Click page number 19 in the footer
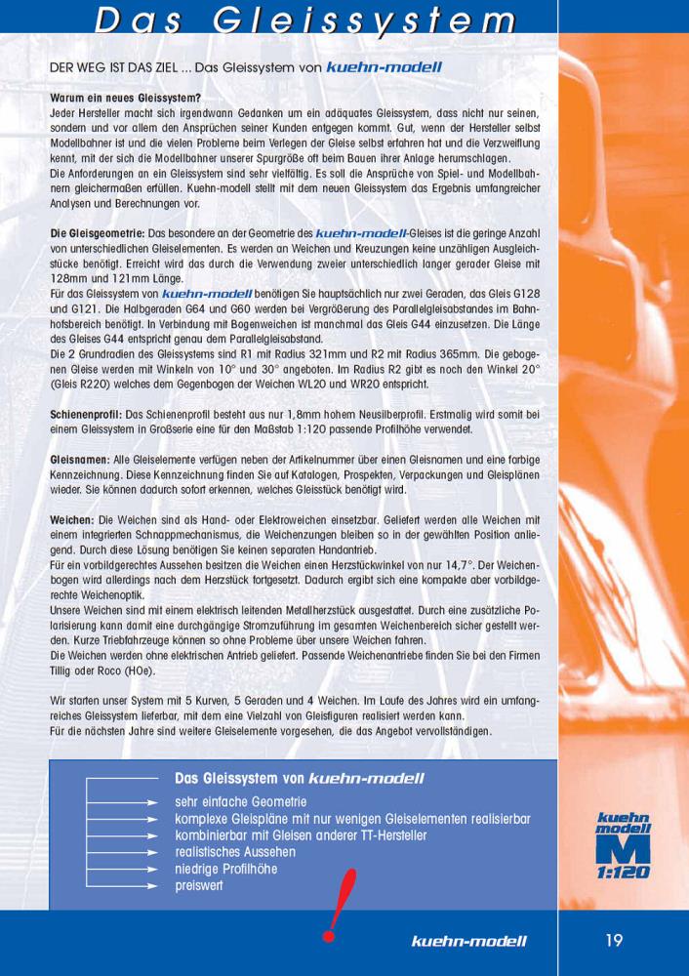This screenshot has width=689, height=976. tap(613, 941)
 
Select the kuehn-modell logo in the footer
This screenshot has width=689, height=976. tap(468, 942)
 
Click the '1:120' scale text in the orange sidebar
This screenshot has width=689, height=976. tap(623, 872)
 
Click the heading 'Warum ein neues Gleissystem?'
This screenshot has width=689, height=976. tap(126, 100)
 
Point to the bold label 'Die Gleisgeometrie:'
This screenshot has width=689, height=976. tap(97, 235)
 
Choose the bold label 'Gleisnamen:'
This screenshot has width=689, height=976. tap(81, 460)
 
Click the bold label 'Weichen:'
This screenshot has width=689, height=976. tap(72, 521)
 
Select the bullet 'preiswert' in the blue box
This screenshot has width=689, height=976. tap(199, 885)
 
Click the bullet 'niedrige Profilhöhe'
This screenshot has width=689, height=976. tap(225, 869)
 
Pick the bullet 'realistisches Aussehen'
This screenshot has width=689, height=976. tap(235, 852)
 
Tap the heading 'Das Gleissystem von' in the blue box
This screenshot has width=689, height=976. tap(240, 779)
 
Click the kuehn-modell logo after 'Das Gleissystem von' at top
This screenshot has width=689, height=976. tap(384, 67)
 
